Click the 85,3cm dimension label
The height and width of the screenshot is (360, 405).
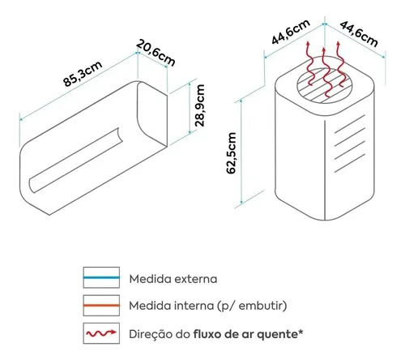[x=83, y=74]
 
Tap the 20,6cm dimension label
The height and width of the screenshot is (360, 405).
[x=156, y=53]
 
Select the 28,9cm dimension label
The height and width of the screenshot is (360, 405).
[x=200, y=105]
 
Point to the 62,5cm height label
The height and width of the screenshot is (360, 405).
[x=232, y=153]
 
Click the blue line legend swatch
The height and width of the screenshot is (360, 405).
[x=101, y=277]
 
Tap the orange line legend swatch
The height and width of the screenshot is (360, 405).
[x=101, y=306]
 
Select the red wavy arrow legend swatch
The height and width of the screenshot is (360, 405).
[x=101, y=333]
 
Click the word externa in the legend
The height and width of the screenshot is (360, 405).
[x=196, y=279]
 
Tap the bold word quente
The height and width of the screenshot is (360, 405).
[x=276, y=335]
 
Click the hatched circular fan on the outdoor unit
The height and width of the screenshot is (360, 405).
[x=325, y=85]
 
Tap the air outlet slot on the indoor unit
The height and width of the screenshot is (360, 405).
[x=75, y=160]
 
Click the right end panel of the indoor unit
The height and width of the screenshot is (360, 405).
[x=152, y=114]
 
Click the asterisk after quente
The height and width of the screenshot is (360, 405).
[x=301, y=332]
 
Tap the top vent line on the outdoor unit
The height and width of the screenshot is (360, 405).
[x=350, y=124]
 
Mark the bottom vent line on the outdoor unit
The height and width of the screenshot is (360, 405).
[x=350, y=163]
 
